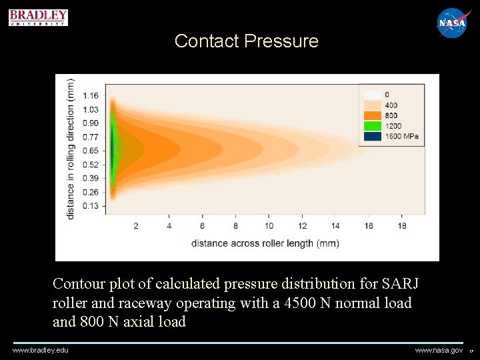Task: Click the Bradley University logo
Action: click(x=38, y=17)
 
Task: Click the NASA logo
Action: click(x=453, y=23)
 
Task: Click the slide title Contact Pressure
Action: click(x=246, y=41)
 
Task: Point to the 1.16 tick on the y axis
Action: click(x=90, y=96)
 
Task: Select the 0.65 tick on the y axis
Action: click(x=90, y=151)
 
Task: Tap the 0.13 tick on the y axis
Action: click(x=90, y=206)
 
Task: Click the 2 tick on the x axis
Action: click(x=136, y=226)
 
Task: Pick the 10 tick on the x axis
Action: click(x=269, y=226)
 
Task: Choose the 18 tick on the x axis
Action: click(x=401, y=226)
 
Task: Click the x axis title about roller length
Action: click(x=265, y=243)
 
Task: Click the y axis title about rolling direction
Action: click(x=71, y=149)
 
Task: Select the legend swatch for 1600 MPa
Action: click(x=371, y=136)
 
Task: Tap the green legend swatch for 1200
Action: click(x=371, y=125)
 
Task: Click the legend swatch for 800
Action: click(x=371, y=115)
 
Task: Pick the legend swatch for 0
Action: click(x=371, y=95)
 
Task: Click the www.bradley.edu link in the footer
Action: click(x=40, y=350)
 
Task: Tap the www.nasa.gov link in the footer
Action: click(x=438, y=350)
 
